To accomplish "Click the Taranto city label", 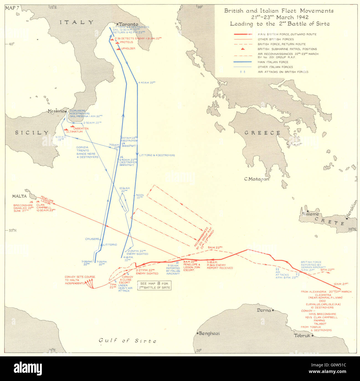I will click(x=128, y=24).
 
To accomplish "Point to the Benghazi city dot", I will click(x=197, y=333).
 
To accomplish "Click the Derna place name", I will click(x=264, y=310).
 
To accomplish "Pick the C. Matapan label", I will click(x=256, y=179).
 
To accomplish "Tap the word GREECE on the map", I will click(x=262, y=133).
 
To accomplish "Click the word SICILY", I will click(x=32, y=133).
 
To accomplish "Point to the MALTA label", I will click(x=19, y=196).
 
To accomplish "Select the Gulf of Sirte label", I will click(x=128, y=341).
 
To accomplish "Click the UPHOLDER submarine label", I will click(x=128, y=48).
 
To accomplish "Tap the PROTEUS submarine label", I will click(x=127, y=42).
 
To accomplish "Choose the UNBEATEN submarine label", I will click(x=81, y=129).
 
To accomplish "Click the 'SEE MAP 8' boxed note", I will click(x=155, y=285).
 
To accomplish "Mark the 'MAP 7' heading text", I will click(x=12, y=7).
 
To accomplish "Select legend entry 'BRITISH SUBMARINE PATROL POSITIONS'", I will click(x=287, y=49).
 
